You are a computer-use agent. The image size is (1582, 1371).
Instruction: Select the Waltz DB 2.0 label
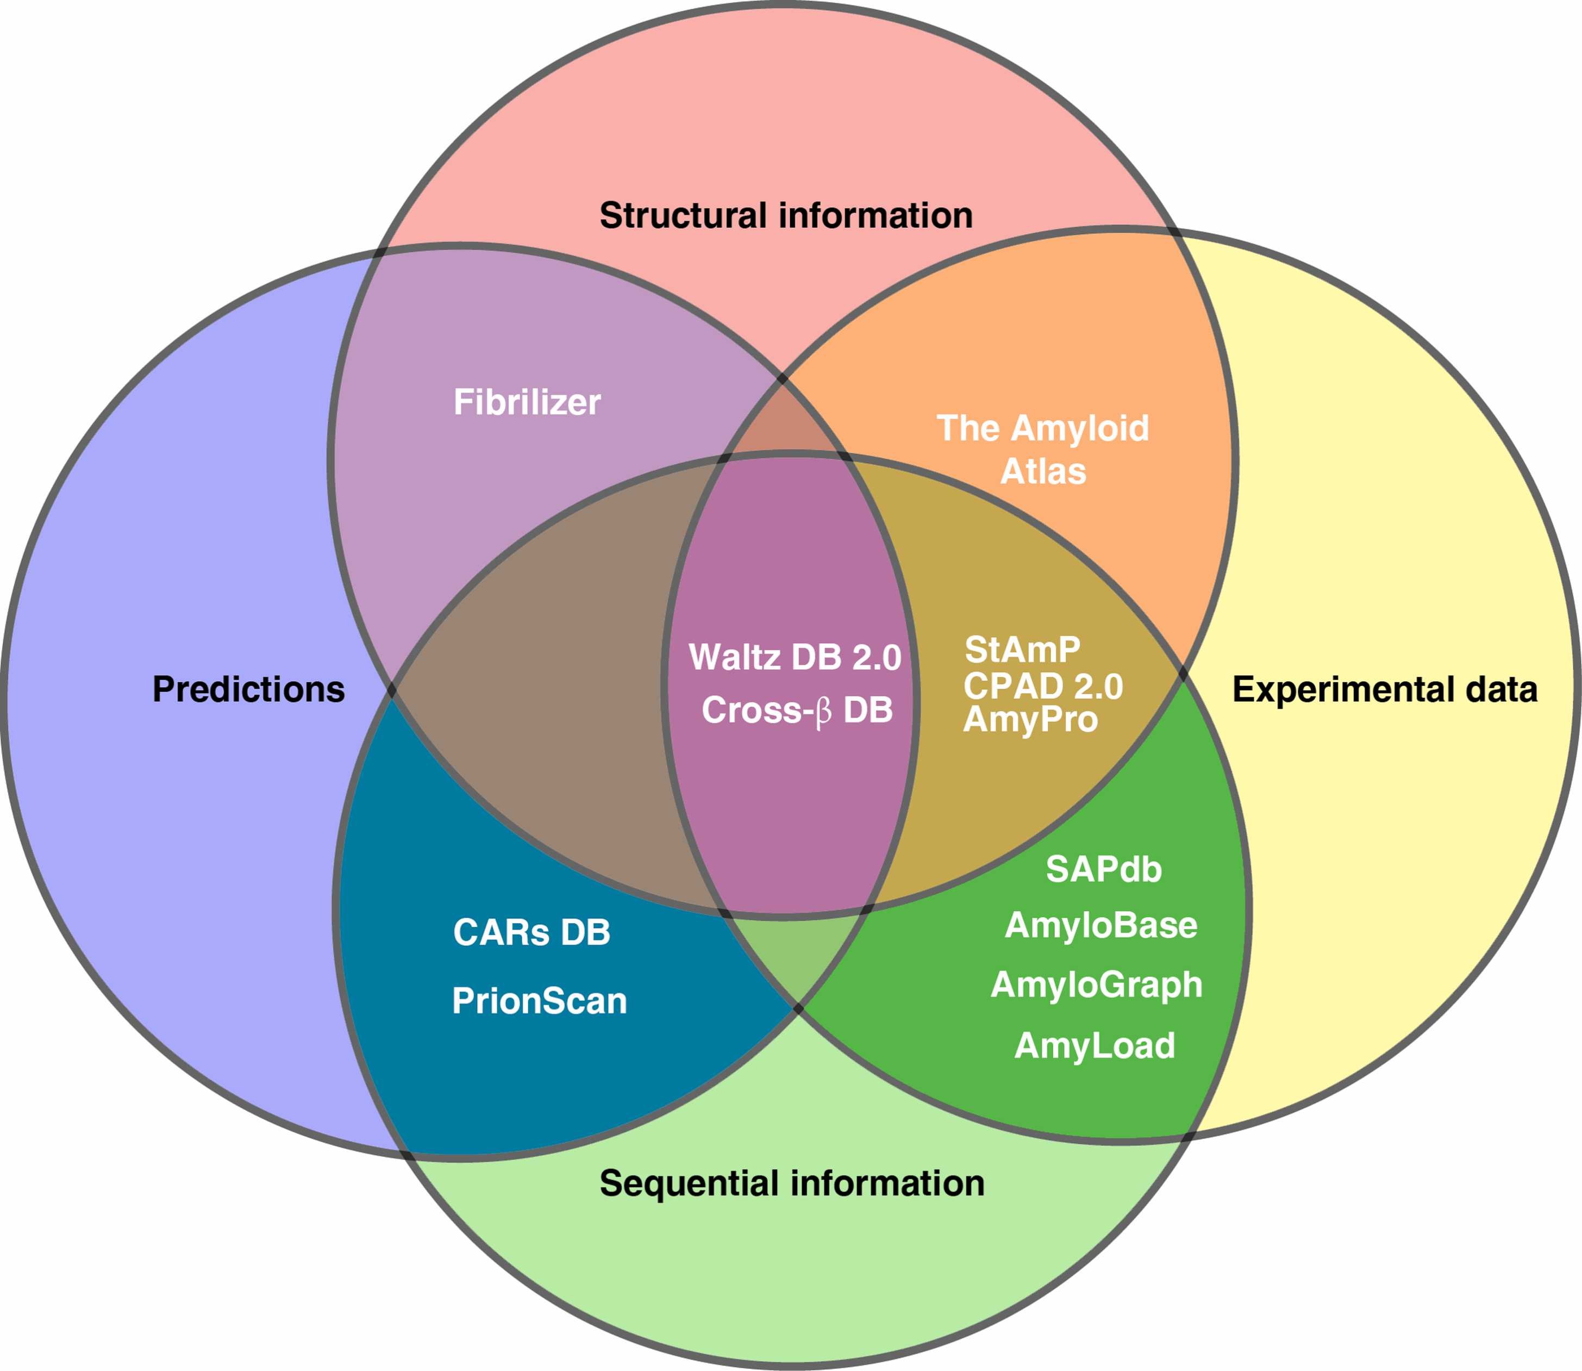pos(795,657)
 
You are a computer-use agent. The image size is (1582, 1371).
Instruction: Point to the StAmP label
pos(1022,650)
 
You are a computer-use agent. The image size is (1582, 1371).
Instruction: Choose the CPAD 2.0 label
pos(1043,686)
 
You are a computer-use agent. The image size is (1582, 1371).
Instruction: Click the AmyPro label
pos(1030,719)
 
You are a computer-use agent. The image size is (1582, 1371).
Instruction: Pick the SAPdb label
pos(1103,870)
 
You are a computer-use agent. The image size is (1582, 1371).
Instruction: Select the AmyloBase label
pos(1101,926)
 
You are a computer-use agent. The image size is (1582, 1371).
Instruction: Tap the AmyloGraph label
pos(1096,984)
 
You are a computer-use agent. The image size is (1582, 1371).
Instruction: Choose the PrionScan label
pos(539,1001)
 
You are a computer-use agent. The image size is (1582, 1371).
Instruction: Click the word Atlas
pos(1043,471)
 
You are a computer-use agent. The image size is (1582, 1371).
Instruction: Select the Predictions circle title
pos(248,689)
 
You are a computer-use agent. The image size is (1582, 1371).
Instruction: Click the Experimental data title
pos(1385,689)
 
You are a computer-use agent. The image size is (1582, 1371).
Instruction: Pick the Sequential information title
pos(792,1183)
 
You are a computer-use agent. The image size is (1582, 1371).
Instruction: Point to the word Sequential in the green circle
pos(689,1183)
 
